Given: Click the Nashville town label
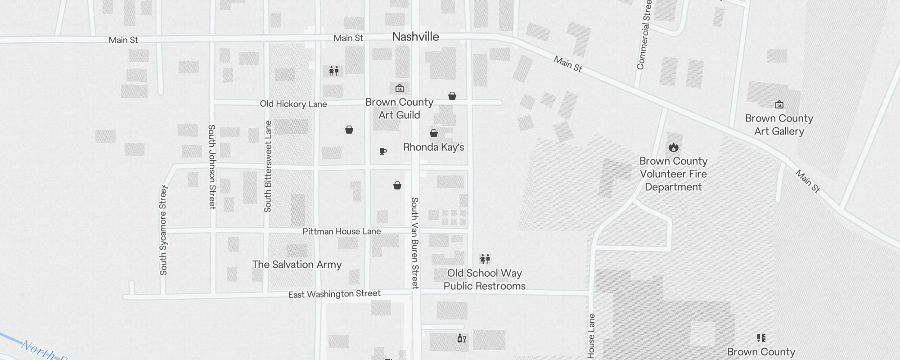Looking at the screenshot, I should click(415, 37).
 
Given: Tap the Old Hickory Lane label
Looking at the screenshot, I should click(293, 104).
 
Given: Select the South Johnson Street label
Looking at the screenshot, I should click(212, 166).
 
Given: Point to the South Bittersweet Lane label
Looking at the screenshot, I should click(268, 166).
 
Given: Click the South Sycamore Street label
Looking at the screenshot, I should click(163, 230).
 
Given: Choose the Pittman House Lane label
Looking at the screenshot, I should click(342, 231).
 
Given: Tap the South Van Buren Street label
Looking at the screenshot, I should click(415, 243).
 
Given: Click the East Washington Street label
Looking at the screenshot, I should click(334, 294).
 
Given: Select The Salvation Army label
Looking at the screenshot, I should click(297, 265).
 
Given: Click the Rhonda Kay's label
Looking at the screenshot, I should click(433, 147).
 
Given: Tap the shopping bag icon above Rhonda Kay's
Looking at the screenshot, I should click(434, 133).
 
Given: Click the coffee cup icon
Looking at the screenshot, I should click(383, 152).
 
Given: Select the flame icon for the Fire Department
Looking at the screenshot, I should click(673, 147).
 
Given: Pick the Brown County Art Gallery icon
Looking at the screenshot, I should click(779, 105).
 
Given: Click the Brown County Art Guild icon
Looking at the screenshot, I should click(399, 88).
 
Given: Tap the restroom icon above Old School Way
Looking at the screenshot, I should click(485, 259).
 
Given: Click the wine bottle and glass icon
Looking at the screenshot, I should click(461, 338).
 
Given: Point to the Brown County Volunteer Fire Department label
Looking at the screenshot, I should click(673, 174).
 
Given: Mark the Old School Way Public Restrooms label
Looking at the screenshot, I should click(485, 279).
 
